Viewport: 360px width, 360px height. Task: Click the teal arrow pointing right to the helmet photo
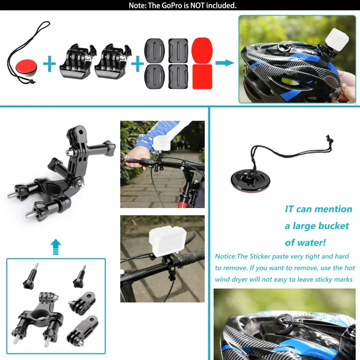(225, 62)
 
